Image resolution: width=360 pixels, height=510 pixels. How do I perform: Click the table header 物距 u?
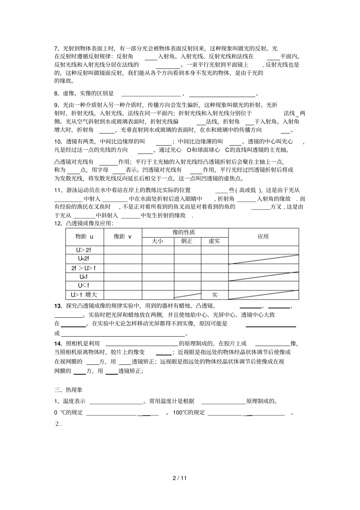(84, 237)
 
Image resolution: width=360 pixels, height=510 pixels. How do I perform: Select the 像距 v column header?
(122, 237)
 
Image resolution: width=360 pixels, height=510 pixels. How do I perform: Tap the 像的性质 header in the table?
(185, 232)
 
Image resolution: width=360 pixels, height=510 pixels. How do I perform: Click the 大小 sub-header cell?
(157, 241)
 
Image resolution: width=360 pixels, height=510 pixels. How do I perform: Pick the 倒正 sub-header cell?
(187, 241)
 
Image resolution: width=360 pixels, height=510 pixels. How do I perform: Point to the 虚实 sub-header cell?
(214, 241)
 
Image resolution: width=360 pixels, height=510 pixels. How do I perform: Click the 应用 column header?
(263, 237)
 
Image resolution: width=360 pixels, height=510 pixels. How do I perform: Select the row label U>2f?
(84, 250)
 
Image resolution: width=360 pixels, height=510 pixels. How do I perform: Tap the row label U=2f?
(84, 259)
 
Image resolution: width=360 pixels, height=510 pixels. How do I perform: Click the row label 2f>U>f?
(84, 268)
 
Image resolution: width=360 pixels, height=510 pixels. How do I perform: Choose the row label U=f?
(84, 276)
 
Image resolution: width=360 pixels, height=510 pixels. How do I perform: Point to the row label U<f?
(84, 285)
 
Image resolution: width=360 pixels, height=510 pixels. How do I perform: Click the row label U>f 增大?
(84, 295)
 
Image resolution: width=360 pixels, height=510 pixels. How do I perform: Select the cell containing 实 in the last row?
(214, 295)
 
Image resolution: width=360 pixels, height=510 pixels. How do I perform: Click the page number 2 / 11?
(180, 478)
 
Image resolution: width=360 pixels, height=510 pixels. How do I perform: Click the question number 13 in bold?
(58, 306)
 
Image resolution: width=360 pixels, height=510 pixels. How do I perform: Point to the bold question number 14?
(58, 344)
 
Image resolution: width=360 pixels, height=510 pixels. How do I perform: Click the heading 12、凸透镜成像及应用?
(84, 223)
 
